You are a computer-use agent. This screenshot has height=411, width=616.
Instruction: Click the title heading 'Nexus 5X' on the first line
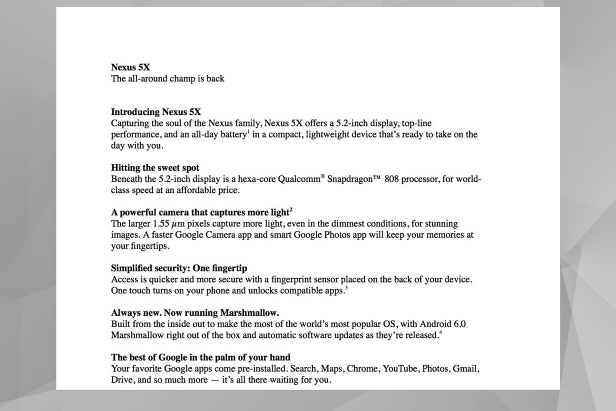tap(130, 67)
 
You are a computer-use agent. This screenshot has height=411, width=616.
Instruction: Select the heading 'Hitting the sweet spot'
tap(155, 168)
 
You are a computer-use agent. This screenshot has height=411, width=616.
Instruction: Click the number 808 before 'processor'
tap(391, 180)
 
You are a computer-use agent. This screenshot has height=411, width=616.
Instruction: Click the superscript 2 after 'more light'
tap(291, 210)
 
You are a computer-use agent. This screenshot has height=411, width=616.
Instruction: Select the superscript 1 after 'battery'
tap(248, 132)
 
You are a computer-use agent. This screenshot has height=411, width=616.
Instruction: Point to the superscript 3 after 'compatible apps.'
tap(346, 288)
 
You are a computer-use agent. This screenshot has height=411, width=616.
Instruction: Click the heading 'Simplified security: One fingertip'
tap(179, 268)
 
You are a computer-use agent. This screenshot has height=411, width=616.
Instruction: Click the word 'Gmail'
tap(465, 369)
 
